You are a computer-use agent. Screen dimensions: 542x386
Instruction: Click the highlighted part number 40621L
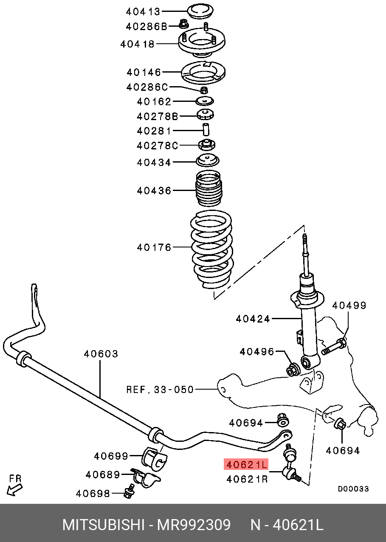[x=246, y=465]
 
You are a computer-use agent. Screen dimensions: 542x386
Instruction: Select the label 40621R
[x=247, y=479]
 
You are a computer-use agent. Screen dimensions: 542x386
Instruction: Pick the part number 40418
[x=137, y=44]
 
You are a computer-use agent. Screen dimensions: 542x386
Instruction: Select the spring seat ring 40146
[x=203, y=73]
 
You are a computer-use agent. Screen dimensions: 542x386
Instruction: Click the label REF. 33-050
[x=160, y=389]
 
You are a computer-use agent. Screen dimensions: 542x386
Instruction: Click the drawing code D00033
[x=353, y=489]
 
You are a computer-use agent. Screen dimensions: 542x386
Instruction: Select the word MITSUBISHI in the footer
[x=104, y=525]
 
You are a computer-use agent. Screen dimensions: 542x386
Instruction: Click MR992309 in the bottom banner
[x=194, y=525]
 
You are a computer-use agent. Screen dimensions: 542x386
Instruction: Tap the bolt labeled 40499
[x=334, y=345]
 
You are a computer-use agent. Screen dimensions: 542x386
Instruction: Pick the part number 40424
[x=253, y=318]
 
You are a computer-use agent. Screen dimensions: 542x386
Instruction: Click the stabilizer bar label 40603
[x=101, y=354]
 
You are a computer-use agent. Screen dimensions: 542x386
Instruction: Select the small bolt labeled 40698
[x=128, y=493]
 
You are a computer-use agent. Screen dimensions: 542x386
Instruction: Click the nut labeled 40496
[x=293, y=370]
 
